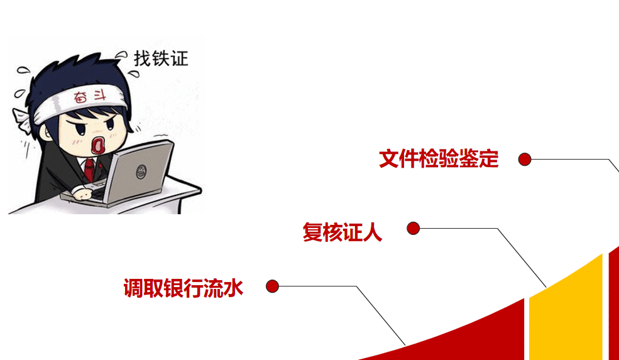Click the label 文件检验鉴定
click(x=439, y=159)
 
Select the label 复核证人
click(x=342, y=232)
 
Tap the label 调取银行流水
click(x=183, y=288)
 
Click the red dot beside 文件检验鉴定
click(x=525, y=160)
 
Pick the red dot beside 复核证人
click(x=413, y=228)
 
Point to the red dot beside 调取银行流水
click(x=272, y=286)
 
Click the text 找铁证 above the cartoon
click(x=161, y=58)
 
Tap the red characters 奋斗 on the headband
click(x=90, y=97)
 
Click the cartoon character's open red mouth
click(x=97, y=145)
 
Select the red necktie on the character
click(x=90, y=169)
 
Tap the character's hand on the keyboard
click(x=83, y=194)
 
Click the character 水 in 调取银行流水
click(x=233, y=288)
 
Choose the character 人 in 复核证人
click(x=372, y=232)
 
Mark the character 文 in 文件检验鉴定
click(x=389, y=159)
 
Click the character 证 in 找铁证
click(x=180, y=58)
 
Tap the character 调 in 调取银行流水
click(x=133, y=288)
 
